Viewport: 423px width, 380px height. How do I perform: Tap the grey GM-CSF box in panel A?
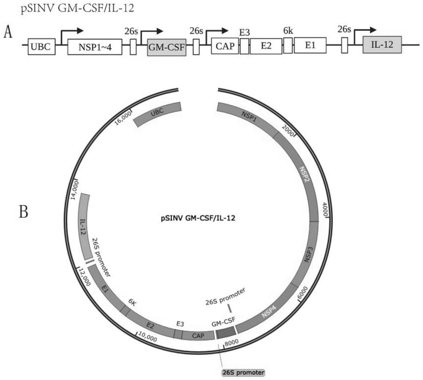point(166,46)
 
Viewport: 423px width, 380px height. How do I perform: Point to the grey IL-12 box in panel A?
point(382,44)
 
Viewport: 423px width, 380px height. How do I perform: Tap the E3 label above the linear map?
point(244,32)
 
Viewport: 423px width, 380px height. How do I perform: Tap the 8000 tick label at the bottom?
point(232,342)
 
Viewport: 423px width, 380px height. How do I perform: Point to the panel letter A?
point(7,33)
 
